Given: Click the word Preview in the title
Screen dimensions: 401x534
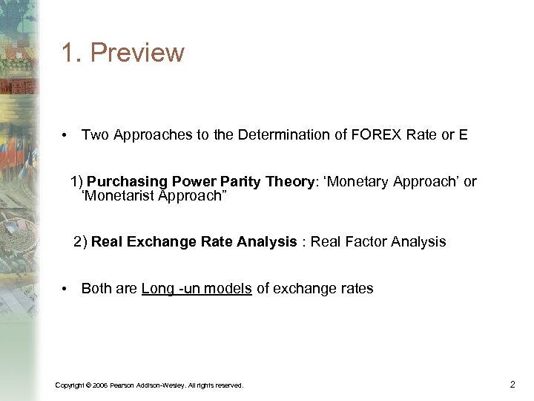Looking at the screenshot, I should tap(143, 53).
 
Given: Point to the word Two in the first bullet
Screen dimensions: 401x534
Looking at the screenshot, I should tap(94, 134).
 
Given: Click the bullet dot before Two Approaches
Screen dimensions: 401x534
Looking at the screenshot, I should tap(66, 135).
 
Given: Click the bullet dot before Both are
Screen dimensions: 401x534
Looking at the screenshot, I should tap(66, 289).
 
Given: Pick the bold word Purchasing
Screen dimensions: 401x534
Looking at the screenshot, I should tap(128, 182).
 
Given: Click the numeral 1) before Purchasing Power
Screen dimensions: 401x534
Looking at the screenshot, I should tap(77, 182).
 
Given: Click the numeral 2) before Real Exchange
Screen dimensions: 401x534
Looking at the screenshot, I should tap(80, 241).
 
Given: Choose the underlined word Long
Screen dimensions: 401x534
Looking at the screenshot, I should tap(157, 289).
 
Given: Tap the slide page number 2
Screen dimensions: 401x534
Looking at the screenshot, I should tap(512, 384).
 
